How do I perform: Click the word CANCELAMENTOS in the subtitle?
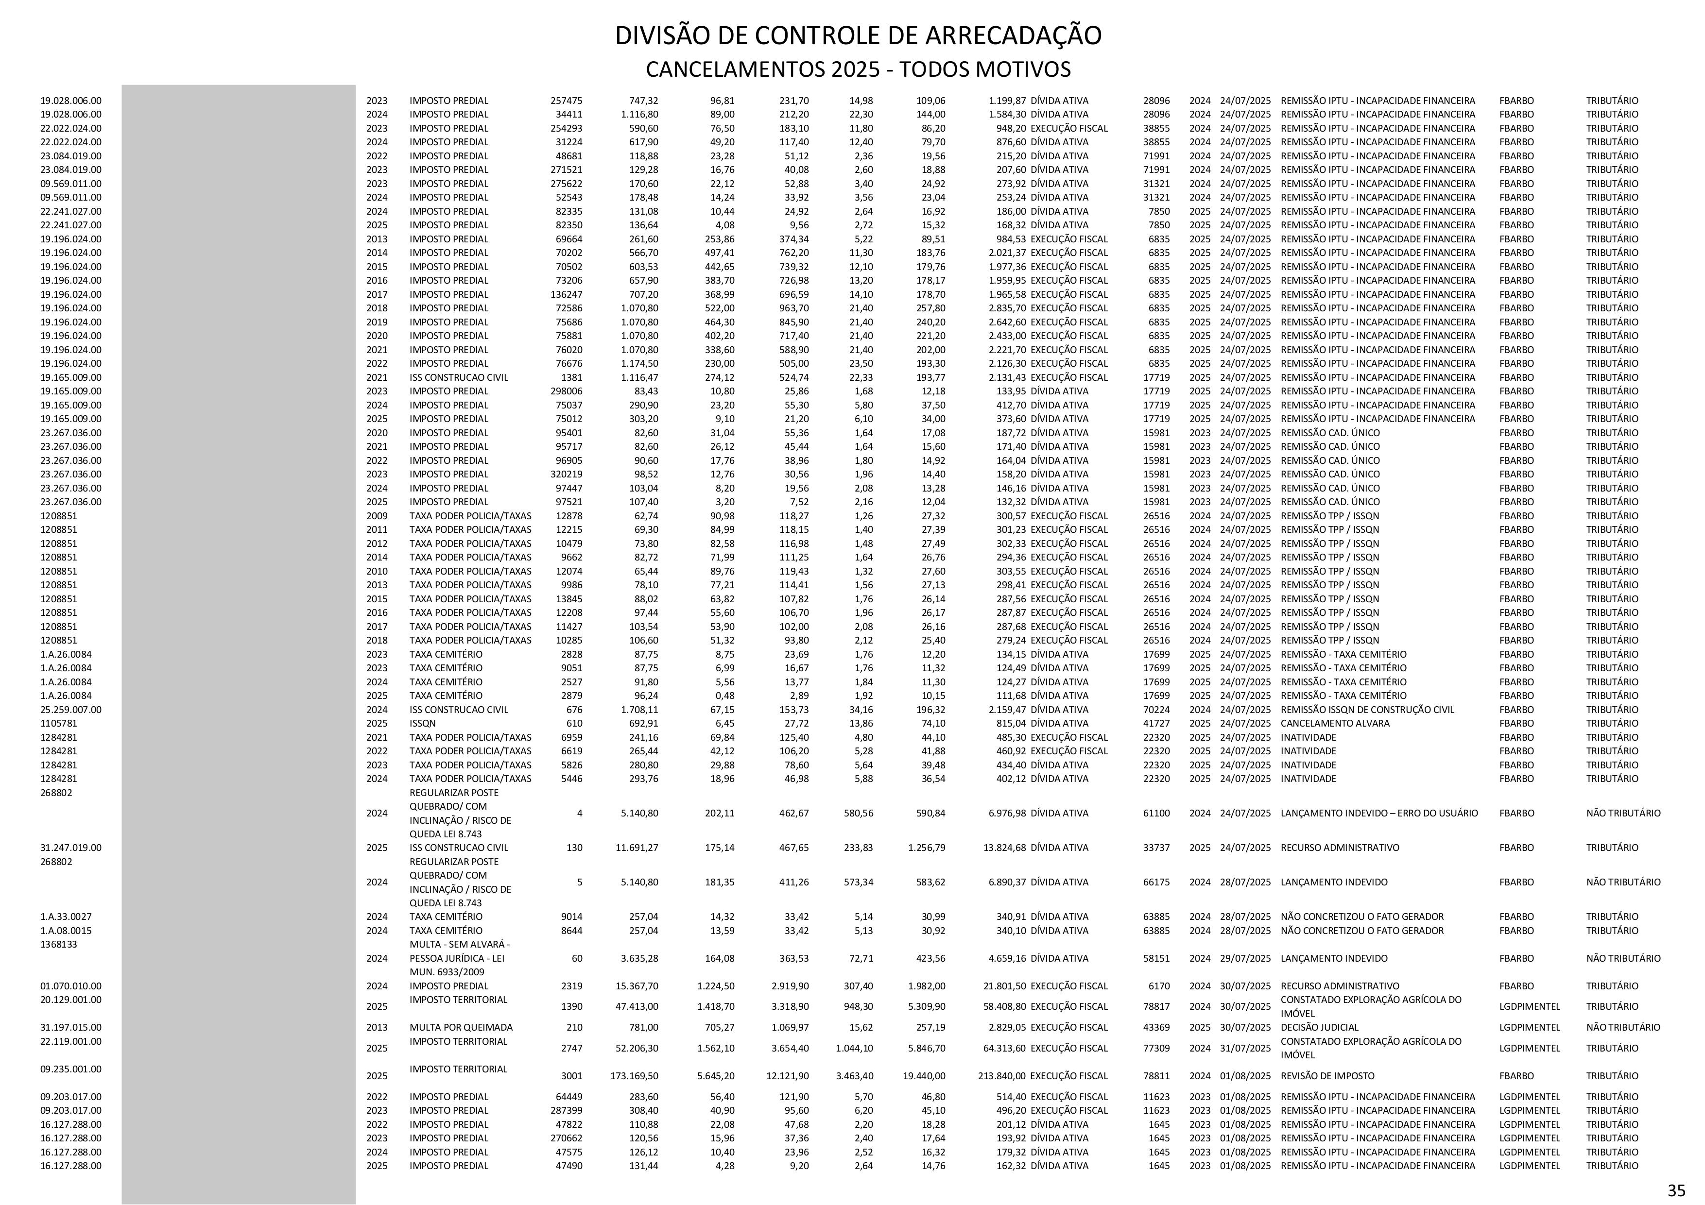click(732, 70)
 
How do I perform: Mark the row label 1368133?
click(59, 944)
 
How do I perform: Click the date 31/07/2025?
click(1244, 1048)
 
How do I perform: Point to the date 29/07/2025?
click(1244, 958)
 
